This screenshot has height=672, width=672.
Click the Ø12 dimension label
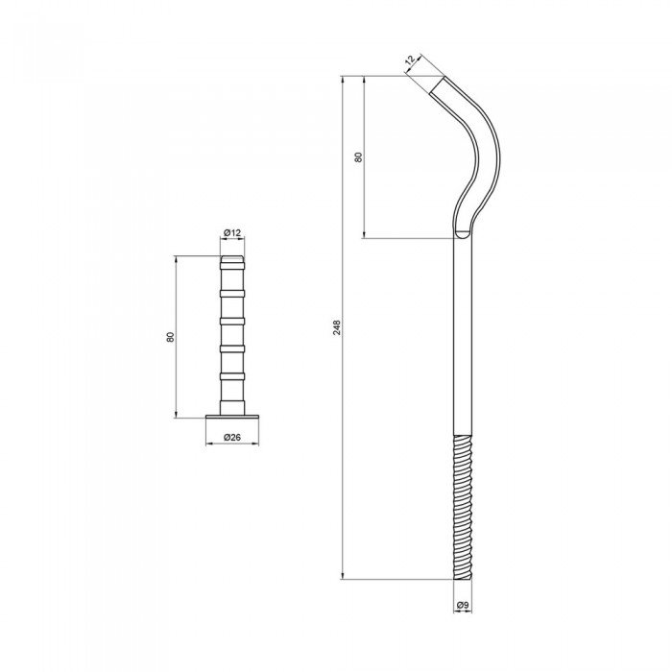232,232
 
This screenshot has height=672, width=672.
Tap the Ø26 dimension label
232,437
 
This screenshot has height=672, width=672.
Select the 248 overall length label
337,327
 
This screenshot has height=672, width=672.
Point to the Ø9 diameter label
463,605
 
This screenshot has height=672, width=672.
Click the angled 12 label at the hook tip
411,60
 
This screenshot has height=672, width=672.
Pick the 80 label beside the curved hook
359,156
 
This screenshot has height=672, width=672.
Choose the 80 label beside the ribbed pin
171,337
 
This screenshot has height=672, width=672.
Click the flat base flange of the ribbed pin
232,417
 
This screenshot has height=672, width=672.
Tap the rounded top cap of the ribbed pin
232,259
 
